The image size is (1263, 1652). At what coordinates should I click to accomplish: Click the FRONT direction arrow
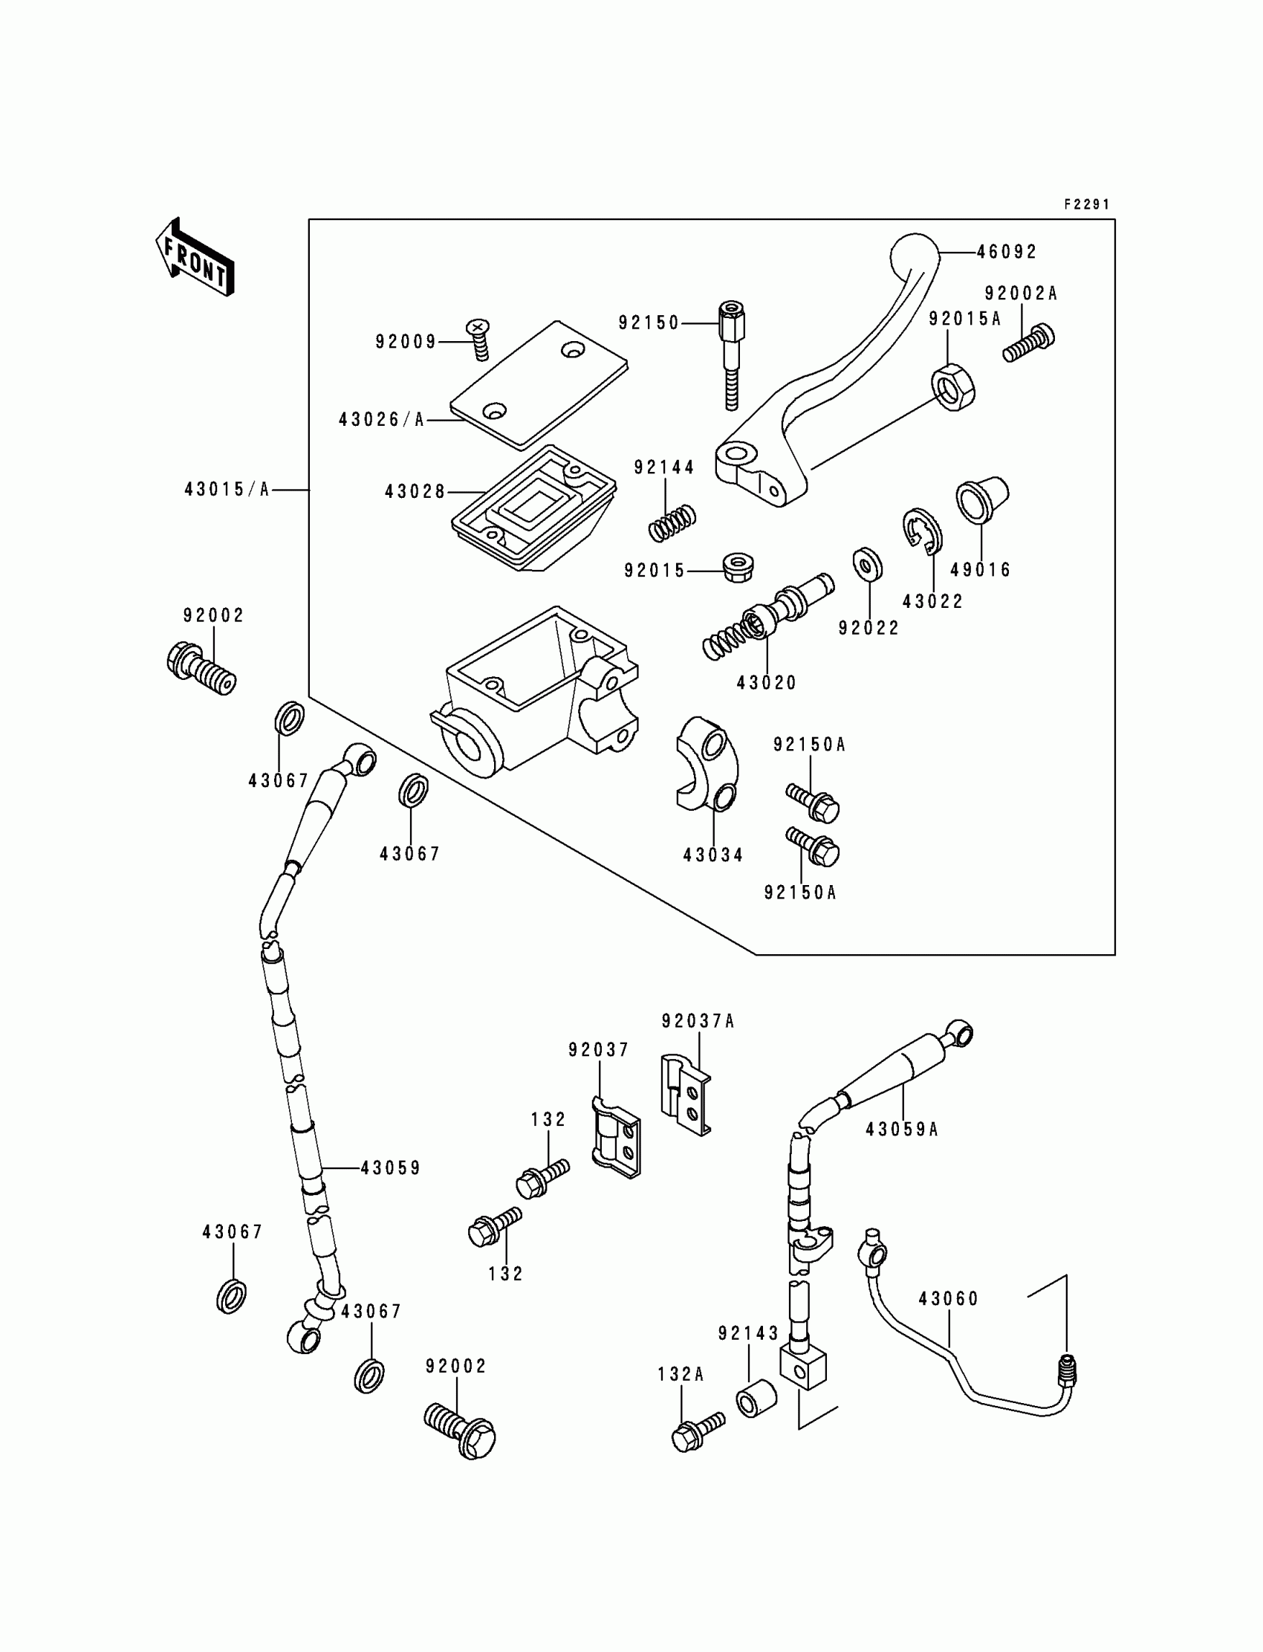[x=195, y=257]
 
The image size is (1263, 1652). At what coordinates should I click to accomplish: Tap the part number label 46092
[x=1007, y=253]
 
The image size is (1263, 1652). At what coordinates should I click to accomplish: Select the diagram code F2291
[x=1086, y=204]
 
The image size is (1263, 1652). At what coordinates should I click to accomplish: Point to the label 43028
[x=415, y=493]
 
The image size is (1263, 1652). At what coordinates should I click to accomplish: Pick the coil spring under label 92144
[x=672, y=522]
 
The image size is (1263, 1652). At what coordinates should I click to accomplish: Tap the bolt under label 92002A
[x=1029, y=344]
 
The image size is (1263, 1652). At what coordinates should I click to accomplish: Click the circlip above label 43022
[x=922, y=531]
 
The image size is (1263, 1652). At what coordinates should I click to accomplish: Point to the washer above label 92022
[x=868, y=565]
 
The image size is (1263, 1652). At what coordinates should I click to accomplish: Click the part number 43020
[x=766, y=684]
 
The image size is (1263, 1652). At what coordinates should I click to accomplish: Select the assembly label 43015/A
[x=227, y=490]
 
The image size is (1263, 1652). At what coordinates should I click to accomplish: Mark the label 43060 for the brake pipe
[x=948, y=1299]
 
